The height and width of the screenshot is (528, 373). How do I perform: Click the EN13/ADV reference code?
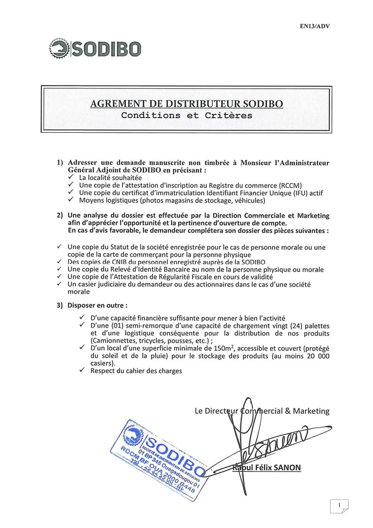[x=315, y=26]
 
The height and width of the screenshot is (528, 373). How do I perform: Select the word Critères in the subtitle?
[x=228, y=115]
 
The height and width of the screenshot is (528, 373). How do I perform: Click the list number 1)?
[x=60, y=163]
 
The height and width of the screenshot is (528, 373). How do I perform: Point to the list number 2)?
[x=60, y=215]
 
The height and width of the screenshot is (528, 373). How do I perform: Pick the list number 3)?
[x=60, y=305]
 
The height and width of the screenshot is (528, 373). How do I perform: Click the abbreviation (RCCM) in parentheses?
[x=290, y=185]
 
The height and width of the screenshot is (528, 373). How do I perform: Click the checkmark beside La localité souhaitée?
[x=71, y=177]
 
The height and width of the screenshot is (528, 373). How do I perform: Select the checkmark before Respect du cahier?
[x=82, y=370]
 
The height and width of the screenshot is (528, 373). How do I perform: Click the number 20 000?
[x=318, y=356]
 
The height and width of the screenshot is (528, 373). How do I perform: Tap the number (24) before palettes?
[x=296, y=326]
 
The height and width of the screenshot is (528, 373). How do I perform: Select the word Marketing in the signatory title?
[x=311, y=411]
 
